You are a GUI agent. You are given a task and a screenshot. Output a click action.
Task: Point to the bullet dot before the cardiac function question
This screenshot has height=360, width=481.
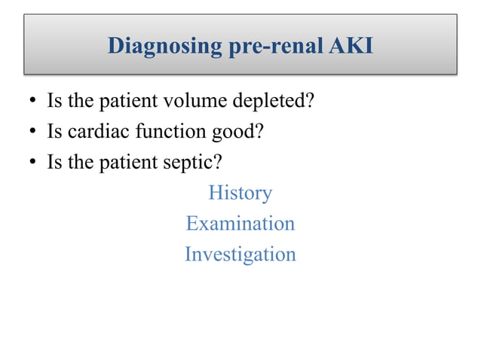pos(34,133)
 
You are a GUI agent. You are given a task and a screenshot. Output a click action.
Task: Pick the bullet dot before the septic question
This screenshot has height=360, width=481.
pos(34,163)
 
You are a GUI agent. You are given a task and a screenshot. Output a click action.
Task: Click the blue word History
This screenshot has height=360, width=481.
pos(240,193)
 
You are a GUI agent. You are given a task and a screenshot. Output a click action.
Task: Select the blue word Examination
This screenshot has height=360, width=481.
pos(240,223)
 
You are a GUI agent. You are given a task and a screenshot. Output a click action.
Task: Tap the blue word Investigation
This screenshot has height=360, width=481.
pos(240,254)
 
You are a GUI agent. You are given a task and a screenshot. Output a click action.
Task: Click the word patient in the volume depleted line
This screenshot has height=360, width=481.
pos(120,102)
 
